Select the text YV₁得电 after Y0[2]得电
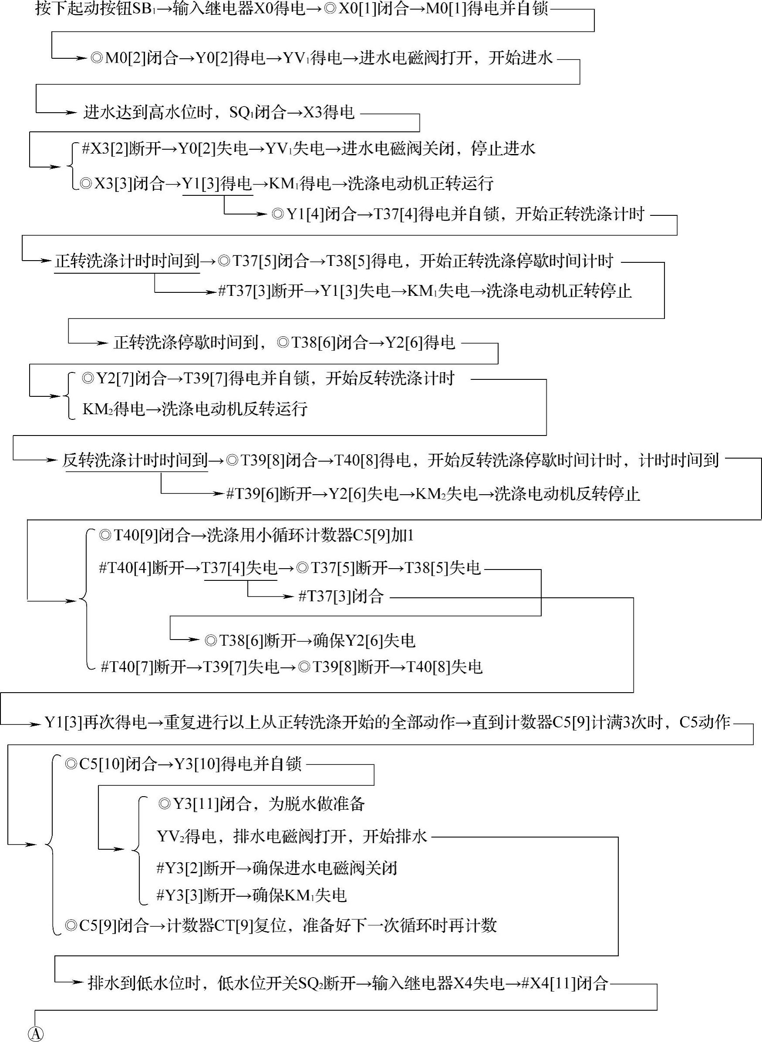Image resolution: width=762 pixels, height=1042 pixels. [x=312, y=58]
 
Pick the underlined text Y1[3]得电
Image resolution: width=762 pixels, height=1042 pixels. [x=217, y=184]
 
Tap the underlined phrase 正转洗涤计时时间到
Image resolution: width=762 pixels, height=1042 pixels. [x=127, y=261]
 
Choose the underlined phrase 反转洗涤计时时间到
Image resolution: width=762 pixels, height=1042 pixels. [x=135, y=460]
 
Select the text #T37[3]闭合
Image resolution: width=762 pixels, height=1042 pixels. [x=341, y=596]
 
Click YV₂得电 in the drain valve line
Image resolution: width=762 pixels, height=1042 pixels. [x=186, y=836]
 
